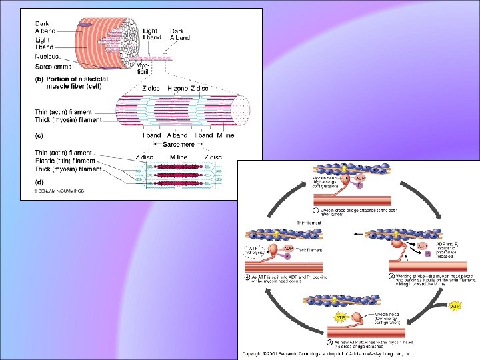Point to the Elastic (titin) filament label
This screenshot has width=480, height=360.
65,161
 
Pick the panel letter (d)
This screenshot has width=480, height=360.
39,180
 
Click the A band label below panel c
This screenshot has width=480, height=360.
177,135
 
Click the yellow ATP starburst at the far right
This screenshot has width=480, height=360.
456,306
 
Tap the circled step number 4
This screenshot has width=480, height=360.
249,276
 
